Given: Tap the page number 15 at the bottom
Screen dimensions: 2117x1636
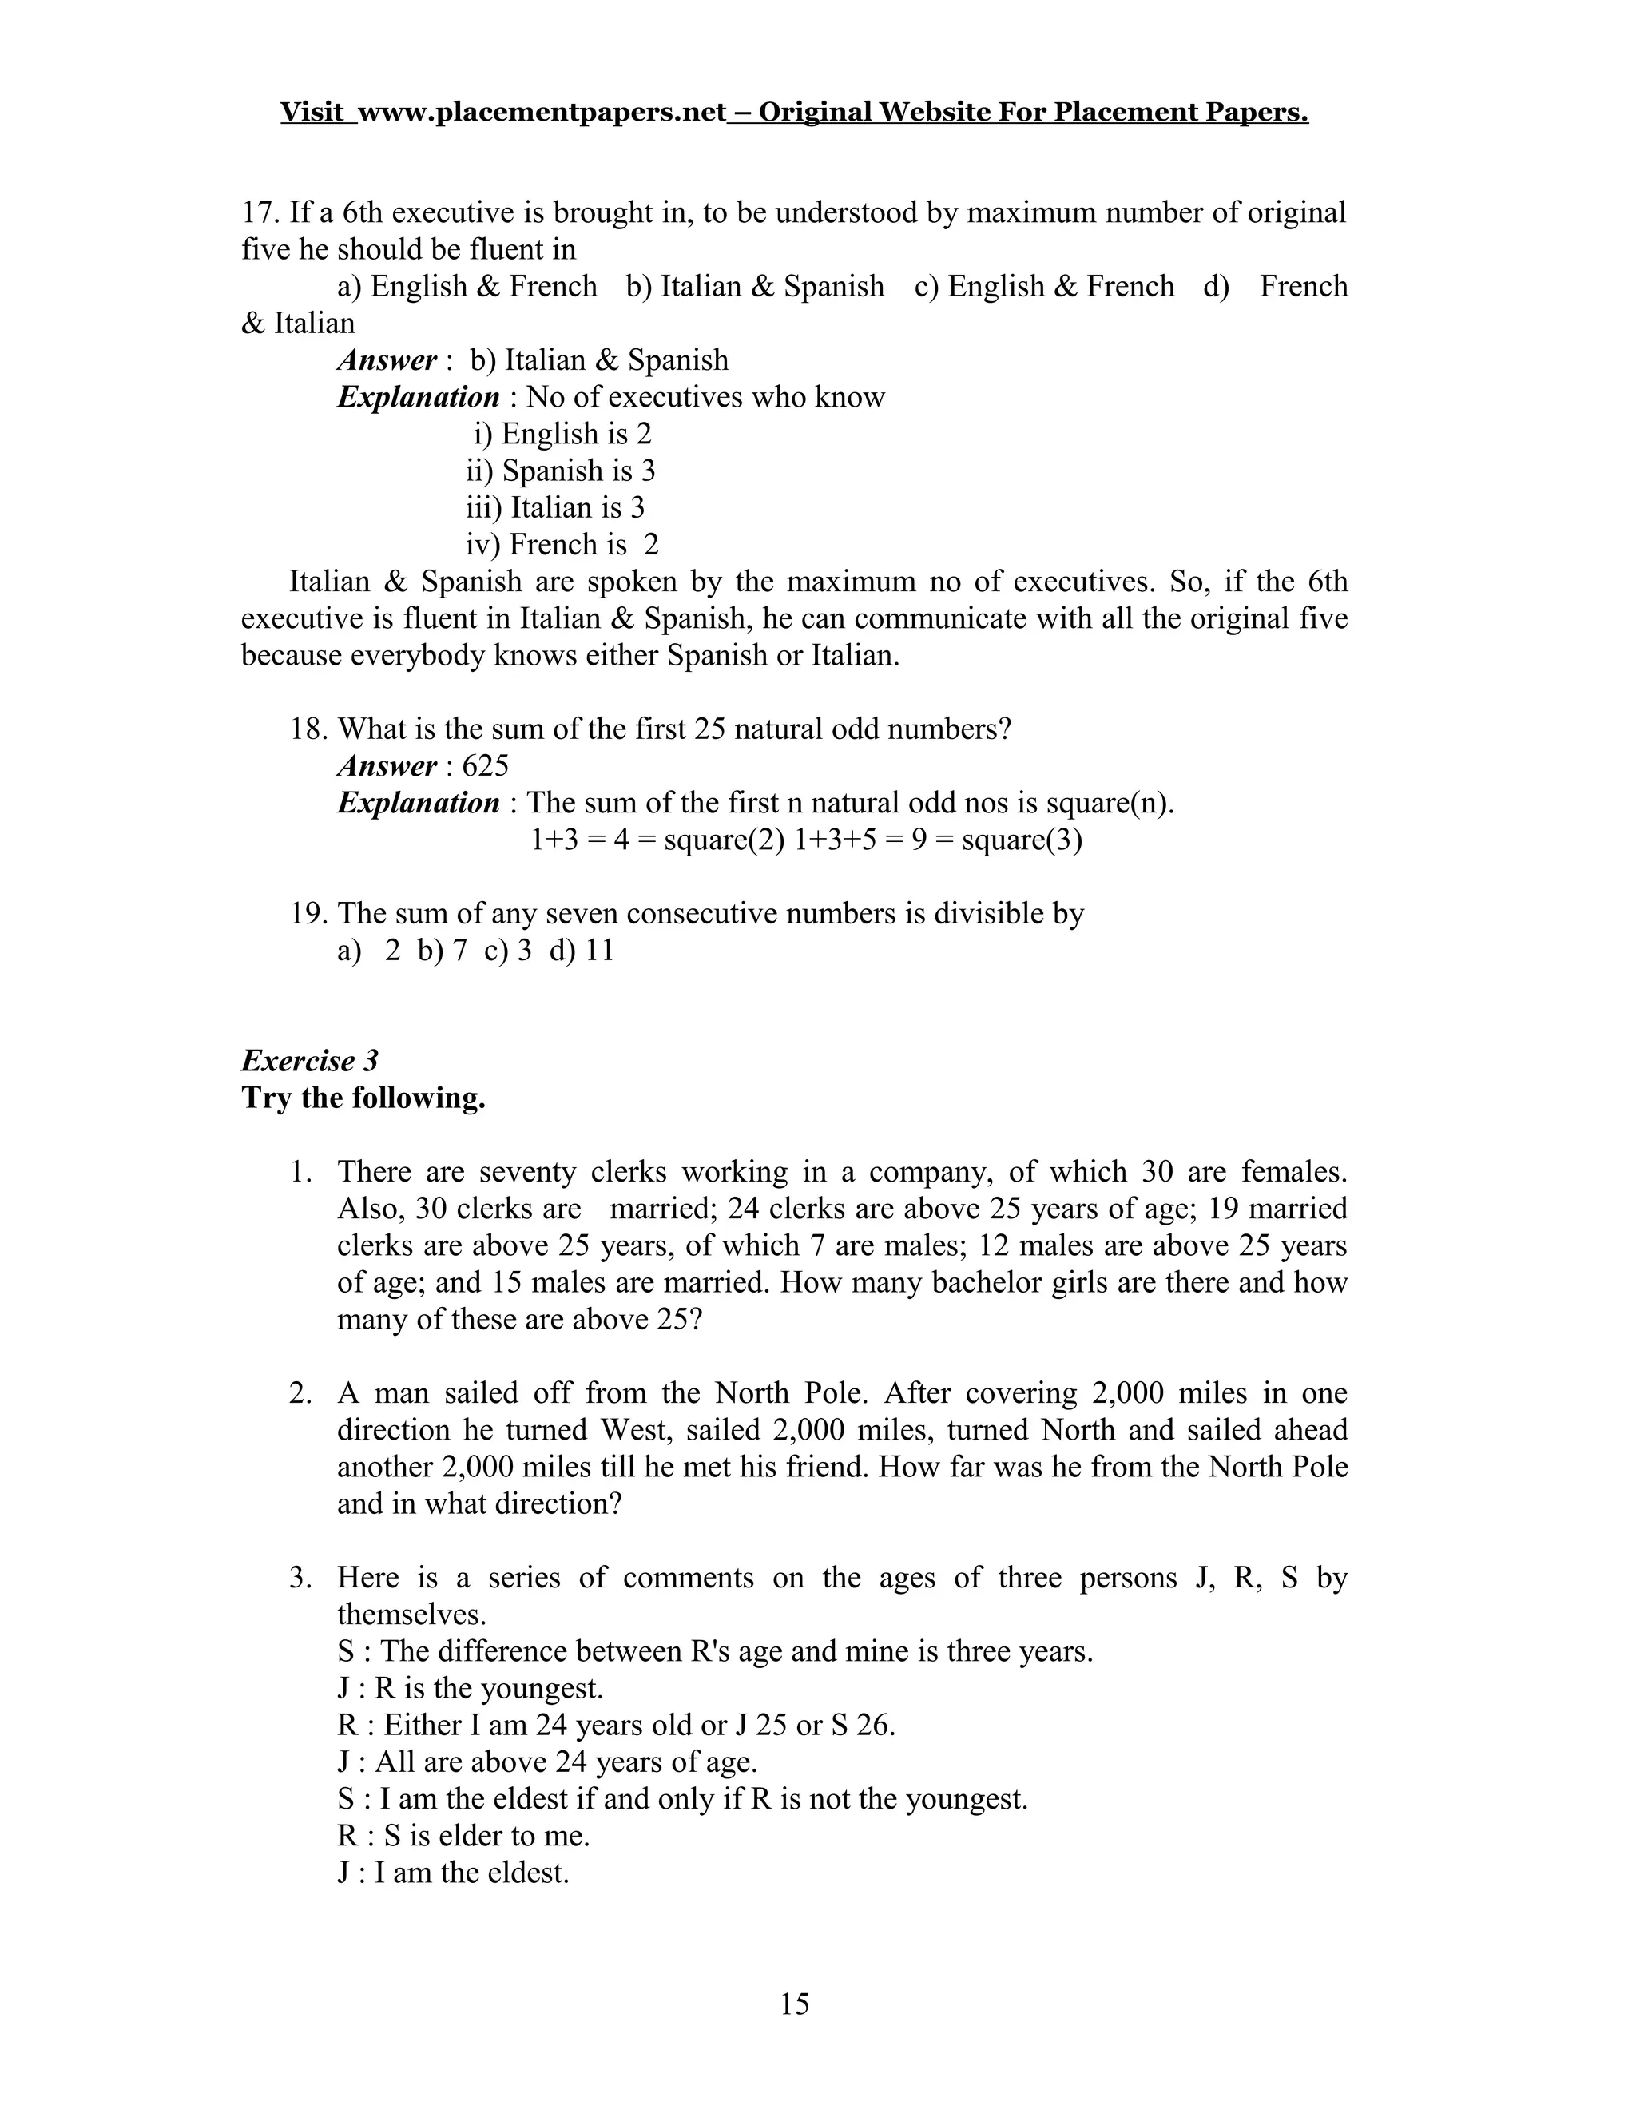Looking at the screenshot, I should point(795,2004).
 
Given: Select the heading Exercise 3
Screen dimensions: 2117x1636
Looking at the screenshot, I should point(309,1060).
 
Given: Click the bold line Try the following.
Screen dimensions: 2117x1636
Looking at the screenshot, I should point(363,1098).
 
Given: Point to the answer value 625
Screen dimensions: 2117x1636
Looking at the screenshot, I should point(485,766).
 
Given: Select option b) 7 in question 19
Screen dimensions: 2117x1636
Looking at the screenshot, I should point(442,950).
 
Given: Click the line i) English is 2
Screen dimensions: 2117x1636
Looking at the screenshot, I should point(562,433).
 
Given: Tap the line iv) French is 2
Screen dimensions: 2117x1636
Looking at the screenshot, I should point(562,545).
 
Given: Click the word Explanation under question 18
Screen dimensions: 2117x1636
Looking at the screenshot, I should point(419,803).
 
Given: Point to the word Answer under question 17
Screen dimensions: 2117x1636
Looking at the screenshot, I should point(387,360).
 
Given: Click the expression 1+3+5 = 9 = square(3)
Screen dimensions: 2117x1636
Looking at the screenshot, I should point(937,840).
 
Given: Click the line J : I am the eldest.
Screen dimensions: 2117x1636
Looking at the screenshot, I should point(453,1872).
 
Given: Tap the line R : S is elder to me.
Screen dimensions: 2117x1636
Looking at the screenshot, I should point(463,1835).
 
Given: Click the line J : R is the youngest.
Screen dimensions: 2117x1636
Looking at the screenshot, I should point(470,1687).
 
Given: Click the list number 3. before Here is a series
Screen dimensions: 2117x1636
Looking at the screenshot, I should point(300,1577).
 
